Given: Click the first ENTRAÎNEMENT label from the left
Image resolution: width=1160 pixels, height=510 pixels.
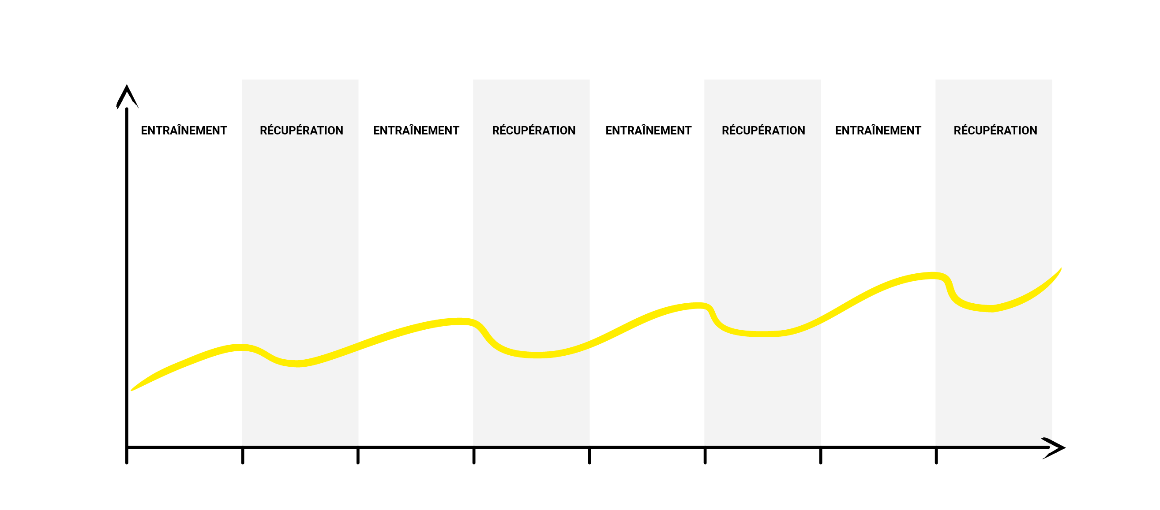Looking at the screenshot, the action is (184, 130).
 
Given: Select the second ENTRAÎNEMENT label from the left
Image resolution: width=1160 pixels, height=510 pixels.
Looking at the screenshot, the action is (416, 130).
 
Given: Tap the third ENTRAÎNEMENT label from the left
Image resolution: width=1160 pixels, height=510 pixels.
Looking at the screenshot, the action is (649, 130).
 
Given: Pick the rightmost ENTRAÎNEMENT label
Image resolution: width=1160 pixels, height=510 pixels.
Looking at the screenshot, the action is (878, 130).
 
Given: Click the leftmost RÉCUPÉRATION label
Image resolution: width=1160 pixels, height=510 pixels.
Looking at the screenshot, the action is (301, 130).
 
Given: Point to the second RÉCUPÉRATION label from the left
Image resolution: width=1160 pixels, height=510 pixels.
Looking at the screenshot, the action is (533, 130).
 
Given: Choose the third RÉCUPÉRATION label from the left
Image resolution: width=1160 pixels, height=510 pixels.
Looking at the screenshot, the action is (763, 130).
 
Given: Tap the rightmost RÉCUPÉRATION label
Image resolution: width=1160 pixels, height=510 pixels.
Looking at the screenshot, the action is (995, 130).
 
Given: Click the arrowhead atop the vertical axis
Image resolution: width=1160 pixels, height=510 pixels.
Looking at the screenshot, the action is (127, 96).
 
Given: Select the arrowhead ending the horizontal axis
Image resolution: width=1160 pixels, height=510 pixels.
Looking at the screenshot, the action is (1055, 448).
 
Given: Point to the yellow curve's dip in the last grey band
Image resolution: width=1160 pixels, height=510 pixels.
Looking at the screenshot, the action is (991, 309).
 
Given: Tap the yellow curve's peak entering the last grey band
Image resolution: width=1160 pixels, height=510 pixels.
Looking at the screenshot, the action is (935, 275).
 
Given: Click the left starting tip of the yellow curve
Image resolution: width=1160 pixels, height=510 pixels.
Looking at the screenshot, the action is (131, 391).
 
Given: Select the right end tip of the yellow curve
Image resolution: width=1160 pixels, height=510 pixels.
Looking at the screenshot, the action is (1061, 268).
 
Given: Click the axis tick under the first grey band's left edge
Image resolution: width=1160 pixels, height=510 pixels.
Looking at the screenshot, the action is (243, 455).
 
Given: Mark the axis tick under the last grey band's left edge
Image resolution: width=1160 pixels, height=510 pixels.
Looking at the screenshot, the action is (936, 455).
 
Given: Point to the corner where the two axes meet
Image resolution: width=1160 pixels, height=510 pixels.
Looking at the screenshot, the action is (127, 447).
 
